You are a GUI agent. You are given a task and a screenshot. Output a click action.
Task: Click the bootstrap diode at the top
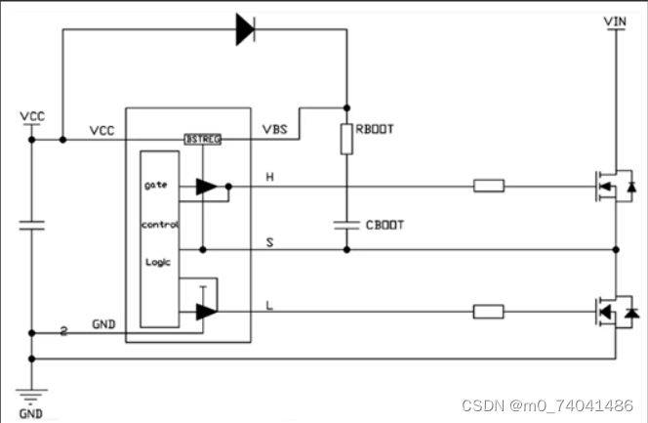[x=244, y=29]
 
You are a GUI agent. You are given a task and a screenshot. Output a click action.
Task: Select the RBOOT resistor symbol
[x=345, y=139]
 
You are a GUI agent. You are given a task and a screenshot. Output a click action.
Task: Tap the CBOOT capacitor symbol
[x=345, y=224]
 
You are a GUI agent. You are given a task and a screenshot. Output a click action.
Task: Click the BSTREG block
[x=203, y=140]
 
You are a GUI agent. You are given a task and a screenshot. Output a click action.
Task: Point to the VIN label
[x=615, y=21]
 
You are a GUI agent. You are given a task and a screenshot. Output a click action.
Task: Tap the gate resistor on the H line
[x=489, y=186]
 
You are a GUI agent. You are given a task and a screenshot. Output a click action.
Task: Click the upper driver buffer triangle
[x=207, y=187]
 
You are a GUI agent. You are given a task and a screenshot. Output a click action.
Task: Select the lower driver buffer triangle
[x=206, y=313]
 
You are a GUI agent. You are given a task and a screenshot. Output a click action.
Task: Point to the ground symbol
[x=31, y=395]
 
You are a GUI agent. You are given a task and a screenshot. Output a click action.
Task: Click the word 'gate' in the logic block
[x=156, y=184]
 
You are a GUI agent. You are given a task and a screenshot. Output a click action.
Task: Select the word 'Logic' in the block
[x=157, y=262]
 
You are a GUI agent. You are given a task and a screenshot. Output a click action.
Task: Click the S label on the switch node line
[x=270, y=239]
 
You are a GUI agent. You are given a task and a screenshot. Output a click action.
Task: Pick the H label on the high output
[x=270, y=177]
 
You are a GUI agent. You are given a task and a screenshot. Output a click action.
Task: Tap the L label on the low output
[x=270, y=305]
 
